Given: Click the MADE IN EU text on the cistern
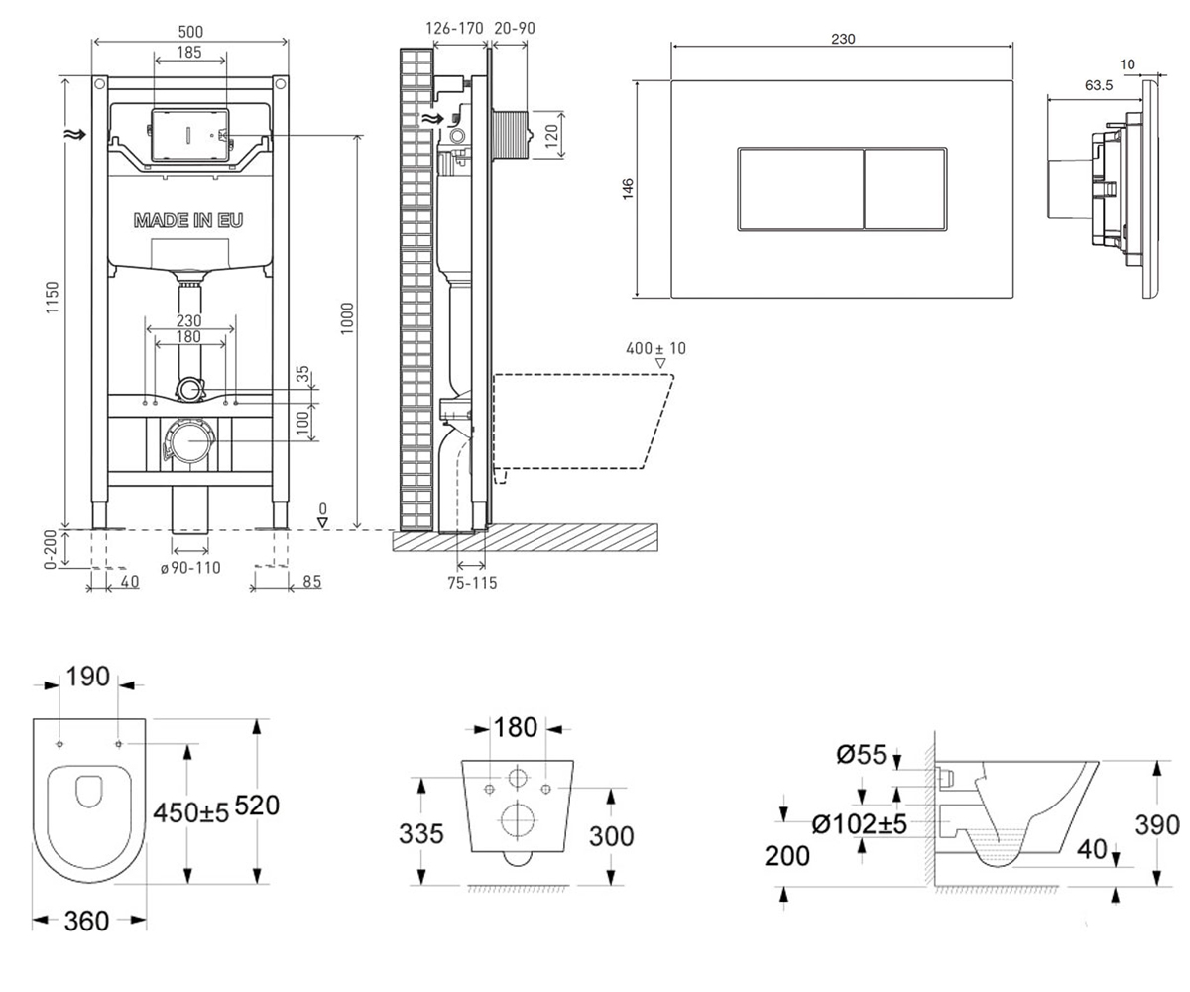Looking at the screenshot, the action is [188, 220].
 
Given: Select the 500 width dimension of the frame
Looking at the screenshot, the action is [190, 32].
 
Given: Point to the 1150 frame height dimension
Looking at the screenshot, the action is [53, 297].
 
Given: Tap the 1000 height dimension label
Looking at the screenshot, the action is [347, 318].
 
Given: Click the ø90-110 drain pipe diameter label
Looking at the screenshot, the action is [190, 568].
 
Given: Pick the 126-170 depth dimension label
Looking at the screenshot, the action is [455, 28].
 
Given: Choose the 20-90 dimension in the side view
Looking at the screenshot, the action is [515, 28].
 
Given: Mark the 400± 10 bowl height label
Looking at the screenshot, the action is [655, 348].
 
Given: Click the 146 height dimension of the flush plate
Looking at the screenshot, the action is [628, 188].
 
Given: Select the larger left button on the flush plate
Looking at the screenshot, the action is [800, 189].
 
